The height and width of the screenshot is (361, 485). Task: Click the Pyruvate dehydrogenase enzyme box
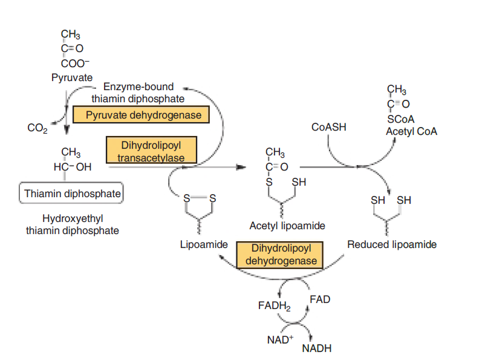[137, 115]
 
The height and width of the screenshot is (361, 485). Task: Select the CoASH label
[329, 128]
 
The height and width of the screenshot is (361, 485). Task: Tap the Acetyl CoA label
[411, 131]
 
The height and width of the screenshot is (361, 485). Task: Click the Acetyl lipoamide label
[287, 226]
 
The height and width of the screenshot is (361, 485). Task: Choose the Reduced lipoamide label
[392, 244]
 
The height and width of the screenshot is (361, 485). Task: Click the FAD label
[319, 299]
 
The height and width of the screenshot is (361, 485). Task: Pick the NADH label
[316, 348]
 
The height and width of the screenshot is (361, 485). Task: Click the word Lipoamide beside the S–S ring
[204, 244]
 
